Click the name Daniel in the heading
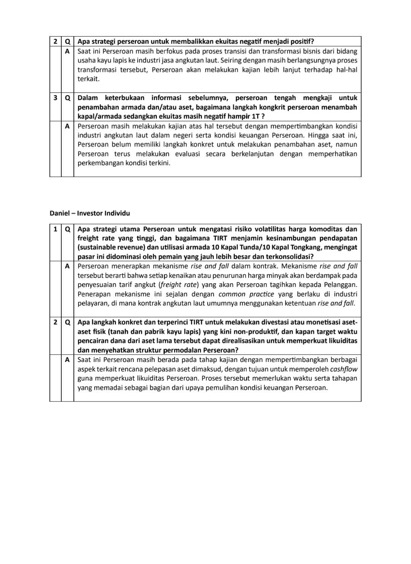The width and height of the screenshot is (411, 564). (x=59, y=213)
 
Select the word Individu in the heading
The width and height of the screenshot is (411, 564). (x=117, y=213)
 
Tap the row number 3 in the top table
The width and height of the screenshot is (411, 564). (x=55, y=98)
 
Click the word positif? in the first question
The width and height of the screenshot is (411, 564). (x=300, y=41)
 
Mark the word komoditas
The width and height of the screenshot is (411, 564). (x=327, y=229)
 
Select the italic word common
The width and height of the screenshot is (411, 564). (x=232, y=294)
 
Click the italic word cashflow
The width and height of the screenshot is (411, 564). (x=344, y=369)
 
